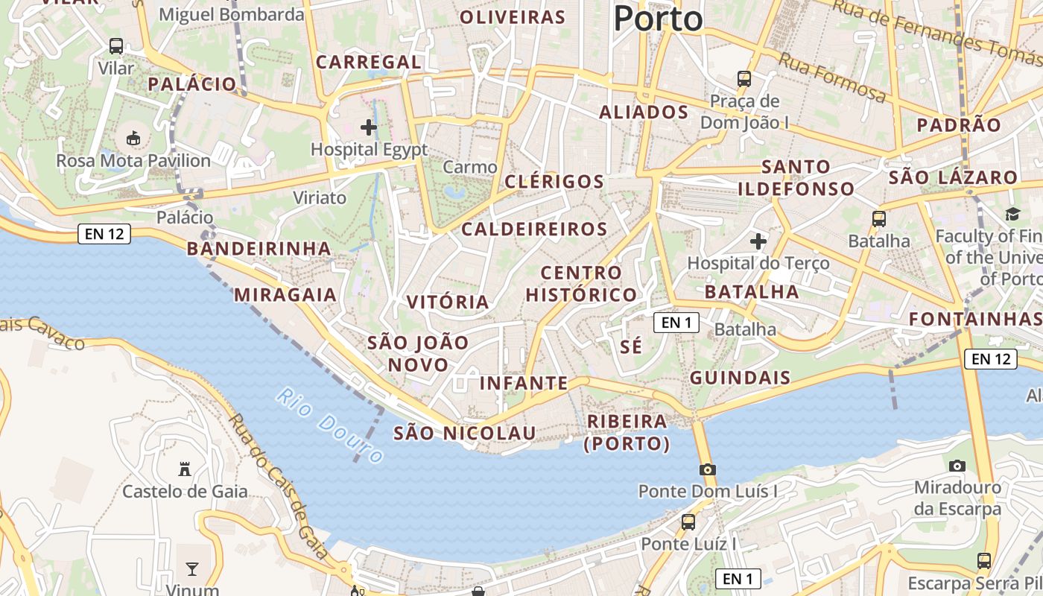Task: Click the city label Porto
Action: [659, 18]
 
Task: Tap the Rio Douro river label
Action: [330, 425]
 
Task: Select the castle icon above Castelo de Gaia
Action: [185, 469]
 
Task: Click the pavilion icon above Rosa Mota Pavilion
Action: [133, 138]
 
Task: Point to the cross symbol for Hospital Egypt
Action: [369, 127]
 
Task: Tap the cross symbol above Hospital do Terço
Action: [758, 241]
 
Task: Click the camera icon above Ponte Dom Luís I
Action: [707, 469]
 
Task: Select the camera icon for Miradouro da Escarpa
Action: [957, 466]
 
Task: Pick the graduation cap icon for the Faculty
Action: [1012, 215]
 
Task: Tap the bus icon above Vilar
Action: [116, 46]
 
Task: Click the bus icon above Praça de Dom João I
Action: [744, 78]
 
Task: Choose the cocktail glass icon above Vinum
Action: [192, 569]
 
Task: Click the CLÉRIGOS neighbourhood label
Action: [554, 182]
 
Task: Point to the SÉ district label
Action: [631, 347]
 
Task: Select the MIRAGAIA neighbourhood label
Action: [285, 295]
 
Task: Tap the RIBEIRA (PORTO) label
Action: [627, 433]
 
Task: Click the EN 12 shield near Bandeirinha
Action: [104, 234]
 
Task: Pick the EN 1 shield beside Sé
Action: [676, 323]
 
